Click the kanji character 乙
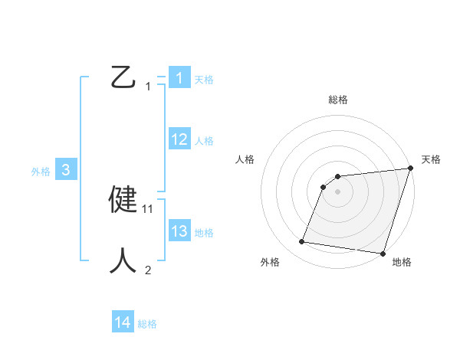click(x=123, y=77)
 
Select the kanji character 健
click(x=123, y=200)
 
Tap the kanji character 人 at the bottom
click(x=123, y=260)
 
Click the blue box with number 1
click(x=179, y=78)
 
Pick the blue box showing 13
click(x=179, y=231)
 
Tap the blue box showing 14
click(x=122, y=322)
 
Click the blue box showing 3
click(x=66, y=170)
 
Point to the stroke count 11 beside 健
click(x=148, y=208)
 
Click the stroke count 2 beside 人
click(x=148, y=270)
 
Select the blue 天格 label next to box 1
click(x=204, y=79)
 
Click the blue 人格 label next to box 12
click(x=204, y=140)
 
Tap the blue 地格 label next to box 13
click(x=204, y=232)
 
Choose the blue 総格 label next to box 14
click(x=147, y=324)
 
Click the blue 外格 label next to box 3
click(x=41, y=172)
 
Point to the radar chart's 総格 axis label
click(x=337, y=100)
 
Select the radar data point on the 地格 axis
click(x=382, y=253)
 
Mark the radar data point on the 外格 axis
click(x=302, y=242)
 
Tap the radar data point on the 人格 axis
click(x=324, y=186)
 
